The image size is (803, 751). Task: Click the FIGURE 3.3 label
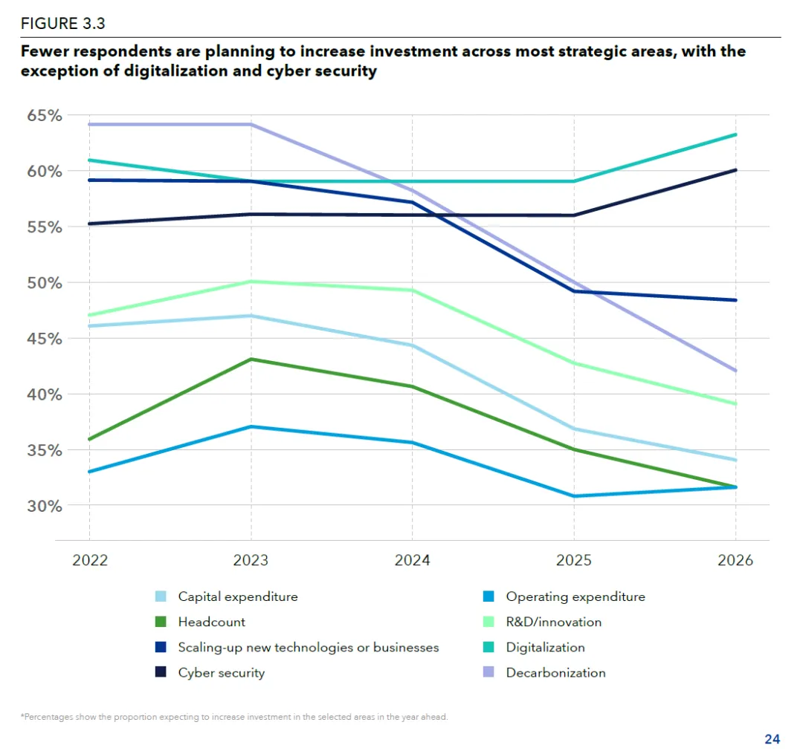(x=62, y=23)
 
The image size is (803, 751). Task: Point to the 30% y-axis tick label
(x=45, y=506)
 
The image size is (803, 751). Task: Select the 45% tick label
(x=45, y=339)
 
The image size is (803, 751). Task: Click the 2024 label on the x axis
(x=412, y=560)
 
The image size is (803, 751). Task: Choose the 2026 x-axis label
(x=735, y=560)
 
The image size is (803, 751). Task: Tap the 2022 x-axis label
(x=90, y=560)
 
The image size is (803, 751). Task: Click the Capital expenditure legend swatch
(x=161, y=596)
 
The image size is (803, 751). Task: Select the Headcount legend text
(x=211, y=622)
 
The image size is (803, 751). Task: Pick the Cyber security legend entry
(x=221, y=673)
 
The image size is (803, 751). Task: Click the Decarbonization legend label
(x=555, y=673)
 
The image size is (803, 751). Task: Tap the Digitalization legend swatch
(x=488, y=648)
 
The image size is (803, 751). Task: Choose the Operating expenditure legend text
(x=575, y=596)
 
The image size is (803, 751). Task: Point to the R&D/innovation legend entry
(x=553, y=622)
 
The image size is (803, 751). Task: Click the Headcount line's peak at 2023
(x=251, y=360)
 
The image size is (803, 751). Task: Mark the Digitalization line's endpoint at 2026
(x=735, y=134)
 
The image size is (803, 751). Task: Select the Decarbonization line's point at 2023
(x=251, y=124)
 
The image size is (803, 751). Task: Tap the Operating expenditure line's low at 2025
(x=574, y=496)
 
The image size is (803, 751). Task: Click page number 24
(x=772, y=739)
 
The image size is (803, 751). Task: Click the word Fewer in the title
(x=45, y=52)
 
